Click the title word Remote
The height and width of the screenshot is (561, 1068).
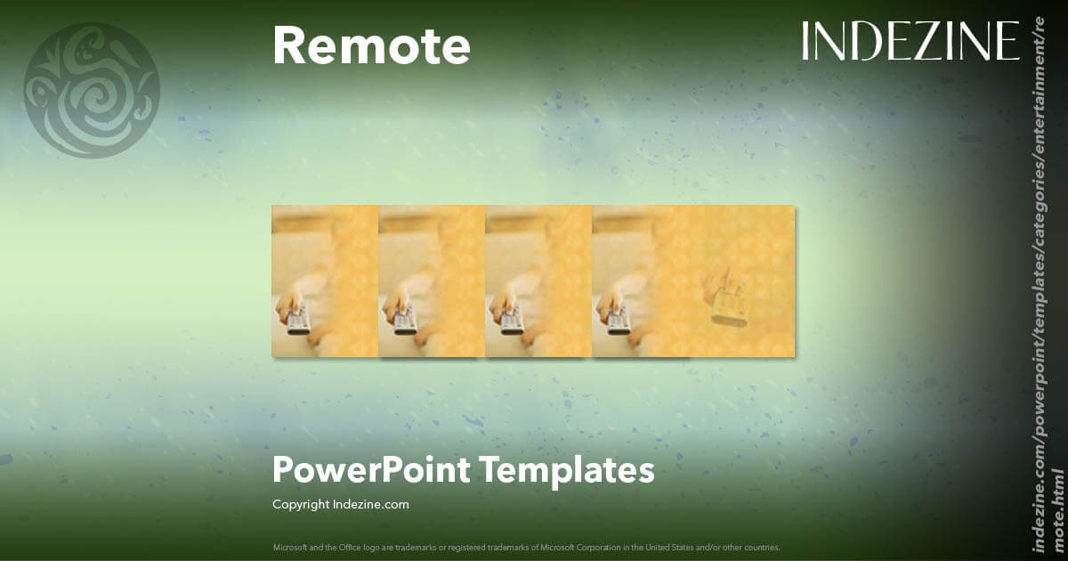click(x=371, y=46)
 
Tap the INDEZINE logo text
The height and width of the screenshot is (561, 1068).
click(x=910, y=42)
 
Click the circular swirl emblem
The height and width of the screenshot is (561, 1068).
click(x=92, y=91)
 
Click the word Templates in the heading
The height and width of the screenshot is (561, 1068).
click(x=566, y=469)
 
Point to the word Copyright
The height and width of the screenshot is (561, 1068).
click(x=301, y=504)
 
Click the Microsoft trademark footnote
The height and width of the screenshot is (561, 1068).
click(x=526, y=547)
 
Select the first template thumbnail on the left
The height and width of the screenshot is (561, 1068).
click(x=325, y=281)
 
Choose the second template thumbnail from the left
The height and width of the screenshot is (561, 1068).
click(x=432, y=281)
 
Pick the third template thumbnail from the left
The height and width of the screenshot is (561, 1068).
click(x=538, y=281)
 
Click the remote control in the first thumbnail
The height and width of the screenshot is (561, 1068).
click(x=297, y=319)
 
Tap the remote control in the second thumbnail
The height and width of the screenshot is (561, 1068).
click(x=404, y=319)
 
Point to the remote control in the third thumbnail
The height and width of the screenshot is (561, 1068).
click(x=511, y=319)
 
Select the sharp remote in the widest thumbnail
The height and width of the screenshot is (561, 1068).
click(x=618, y=319)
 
